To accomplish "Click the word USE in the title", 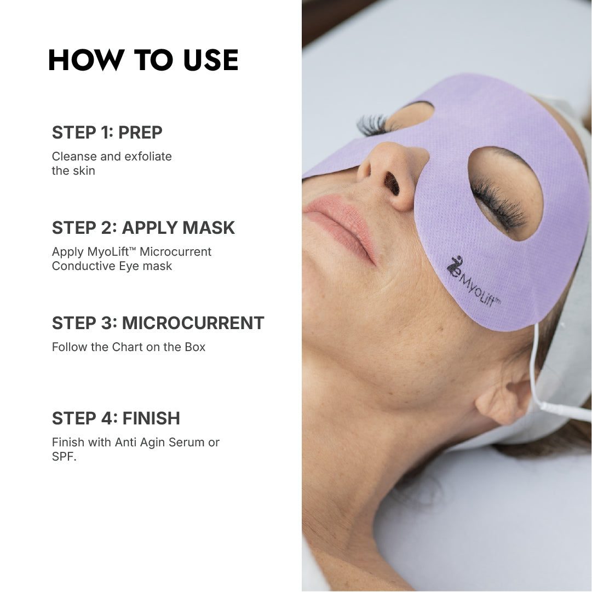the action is click(211, 60).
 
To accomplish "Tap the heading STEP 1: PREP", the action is click(107, 133).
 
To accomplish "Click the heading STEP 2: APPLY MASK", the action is click(143, 228).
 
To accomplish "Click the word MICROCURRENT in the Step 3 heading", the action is click(193, 323).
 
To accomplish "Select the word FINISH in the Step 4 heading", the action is click(151, 418).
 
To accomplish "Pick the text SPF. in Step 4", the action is click(64, 457).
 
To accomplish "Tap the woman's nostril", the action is click(392, 183).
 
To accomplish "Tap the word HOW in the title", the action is click(87, 60).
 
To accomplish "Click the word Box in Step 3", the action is click(195, 347).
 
